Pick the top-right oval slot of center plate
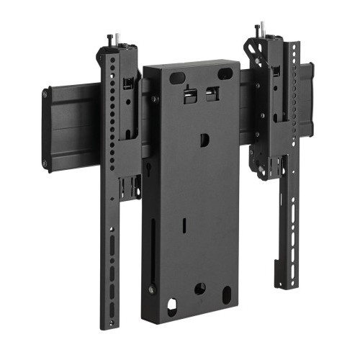pos(225,73)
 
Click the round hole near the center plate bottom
pos(199,288)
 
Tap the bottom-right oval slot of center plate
pos(226,294)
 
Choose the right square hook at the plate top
pos(212,94)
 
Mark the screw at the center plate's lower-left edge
pos(151,289)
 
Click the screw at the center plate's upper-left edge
pos(153,99)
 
